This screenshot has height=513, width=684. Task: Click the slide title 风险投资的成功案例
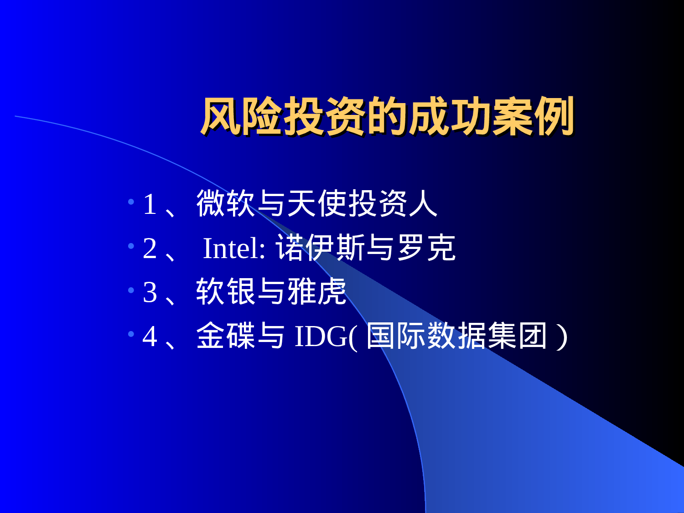click(x=387, y=116)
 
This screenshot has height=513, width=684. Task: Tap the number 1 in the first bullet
click(x=150, y=204)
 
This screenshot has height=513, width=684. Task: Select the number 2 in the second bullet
click(x=150, y=248)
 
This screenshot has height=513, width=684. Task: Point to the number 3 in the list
click(x=150, y=292)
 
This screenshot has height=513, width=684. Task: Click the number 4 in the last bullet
click(x=150, y=337)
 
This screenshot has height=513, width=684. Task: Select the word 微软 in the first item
click(x=226, y=203)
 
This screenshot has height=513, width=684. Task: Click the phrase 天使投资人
click(x=363, y=203)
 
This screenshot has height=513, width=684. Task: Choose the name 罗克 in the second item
click(x=426, y=248)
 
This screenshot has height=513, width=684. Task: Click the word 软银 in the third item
click(x=226, y=292)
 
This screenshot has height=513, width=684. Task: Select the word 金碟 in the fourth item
click(x=226, y=336)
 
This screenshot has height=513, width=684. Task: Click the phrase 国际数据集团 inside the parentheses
click(x=456, y=336)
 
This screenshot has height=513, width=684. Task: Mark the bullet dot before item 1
click(x=131, y=201)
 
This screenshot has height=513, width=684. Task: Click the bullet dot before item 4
click(x=131, y=334)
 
